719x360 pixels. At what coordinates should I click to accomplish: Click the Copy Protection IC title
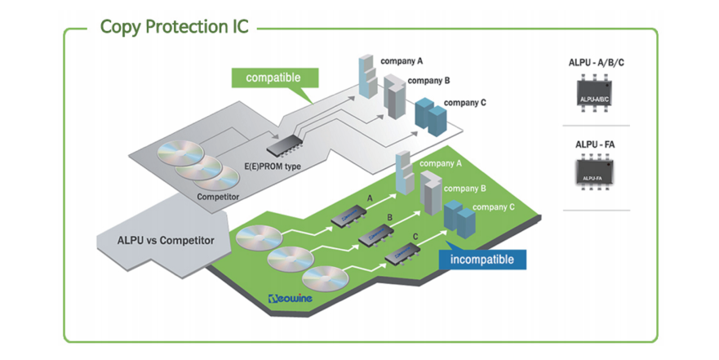(175, 25)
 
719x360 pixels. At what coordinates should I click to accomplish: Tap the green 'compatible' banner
(273, 78)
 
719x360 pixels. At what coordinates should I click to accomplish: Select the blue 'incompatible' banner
(482, 260)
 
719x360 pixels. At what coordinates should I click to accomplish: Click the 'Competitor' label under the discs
(218, 197)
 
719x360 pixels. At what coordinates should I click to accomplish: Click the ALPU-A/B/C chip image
(595, 96)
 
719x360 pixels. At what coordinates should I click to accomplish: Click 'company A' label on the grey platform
(402, 61)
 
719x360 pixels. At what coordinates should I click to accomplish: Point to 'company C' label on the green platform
(494, 207)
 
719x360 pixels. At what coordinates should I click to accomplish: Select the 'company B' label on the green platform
(468, 188)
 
